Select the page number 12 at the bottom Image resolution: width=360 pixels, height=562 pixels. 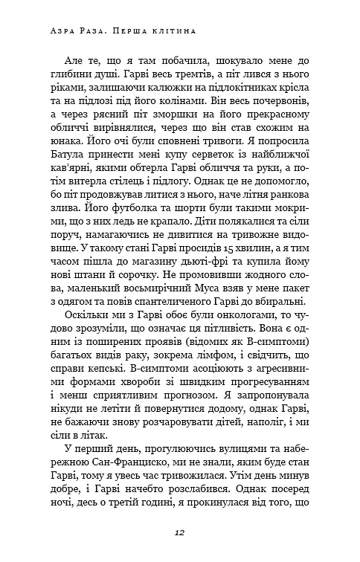(179, 532)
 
